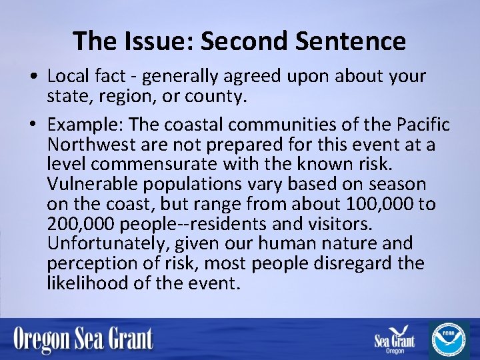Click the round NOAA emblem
[x=449, y=339]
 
